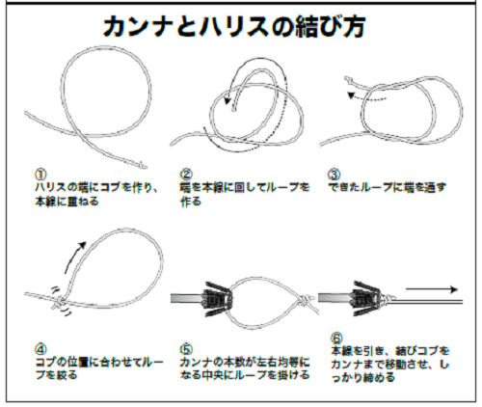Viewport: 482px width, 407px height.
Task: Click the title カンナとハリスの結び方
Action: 240,26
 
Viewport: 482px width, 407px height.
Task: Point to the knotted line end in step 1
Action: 141,167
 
